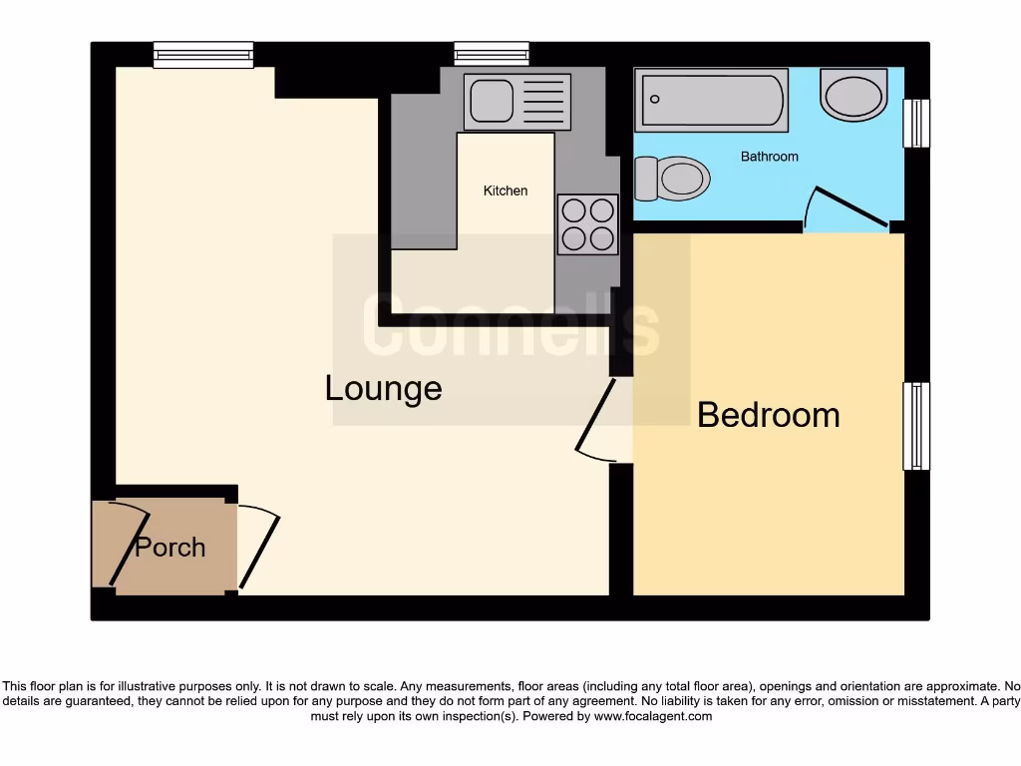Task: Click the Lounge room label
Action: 383,388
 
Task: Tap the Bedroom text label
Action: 768,414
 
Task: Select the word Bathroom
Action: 769,157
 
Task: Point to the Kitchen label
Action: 506,191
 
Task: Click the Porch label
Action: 170,547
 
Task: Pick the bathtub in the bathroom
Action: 711,100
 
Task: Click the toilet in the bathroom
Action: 672,179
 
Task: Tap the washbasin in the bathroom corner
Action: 853,95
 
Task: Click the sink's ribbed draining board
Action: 543,101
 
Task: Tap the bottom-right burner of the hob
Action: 601,238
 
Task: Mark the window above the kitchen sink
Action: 491,53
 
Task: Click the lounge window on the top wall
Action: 203,54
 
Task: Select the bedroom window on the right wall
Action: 915,426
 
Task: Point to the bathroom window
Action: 915,123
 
